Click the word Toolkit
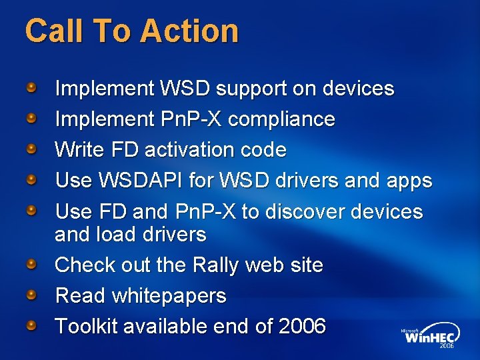point(85,327)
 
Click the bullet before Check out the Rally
point(31,264)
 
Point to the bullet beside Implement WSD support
point(31,87)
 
